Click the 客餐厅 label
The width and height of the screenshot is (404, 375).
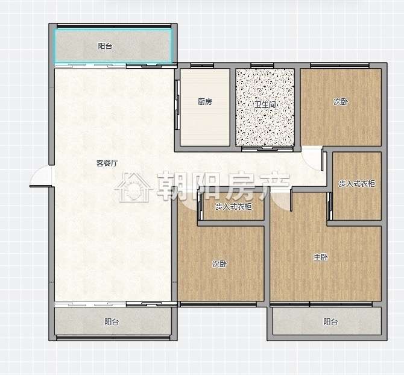(x=107, y=163)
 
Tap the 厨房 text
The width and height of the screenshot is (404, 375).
(x=205, y=102)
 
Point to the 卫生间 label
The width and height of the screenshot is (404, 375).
(x=265, y=104)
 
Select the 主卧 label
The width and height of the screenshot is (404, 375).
(x=321, y=257)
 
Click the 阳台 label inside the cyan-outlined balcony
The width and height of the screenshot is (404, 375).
(x=105, y=46)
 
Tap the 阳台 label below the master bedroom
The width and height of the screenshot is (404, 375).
(x=330, y=321)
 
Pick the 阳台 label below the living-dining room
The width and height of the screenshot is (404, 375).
(x=112, y=321)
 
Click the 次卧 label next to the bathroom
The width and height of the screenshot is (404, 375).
(x=341, y=102)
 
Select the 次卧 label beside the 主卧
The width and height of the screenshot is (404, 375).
(x=219, y=263)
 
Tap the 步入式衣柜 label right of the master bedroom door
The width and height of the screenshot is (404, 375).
(x=356, y=184)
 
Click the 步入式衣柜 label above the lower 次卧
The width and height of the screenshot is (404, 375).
(x=233, y=207)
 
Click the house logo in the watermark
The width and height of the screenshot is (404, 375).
(x=133, y=187)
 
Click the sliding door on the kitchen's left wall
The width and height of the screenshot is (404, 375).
(x=177, y=104)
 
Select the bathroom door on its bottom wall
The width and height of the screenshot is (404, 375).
(x=268, y=148)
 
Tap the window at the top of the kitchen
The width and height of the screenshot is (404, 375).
(x=202, y=66)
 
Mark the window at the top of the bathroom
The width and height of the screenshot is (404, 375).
(x=262, y=66)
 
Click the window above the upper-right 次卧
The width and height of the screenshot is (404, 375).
(x=340, y=66)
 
